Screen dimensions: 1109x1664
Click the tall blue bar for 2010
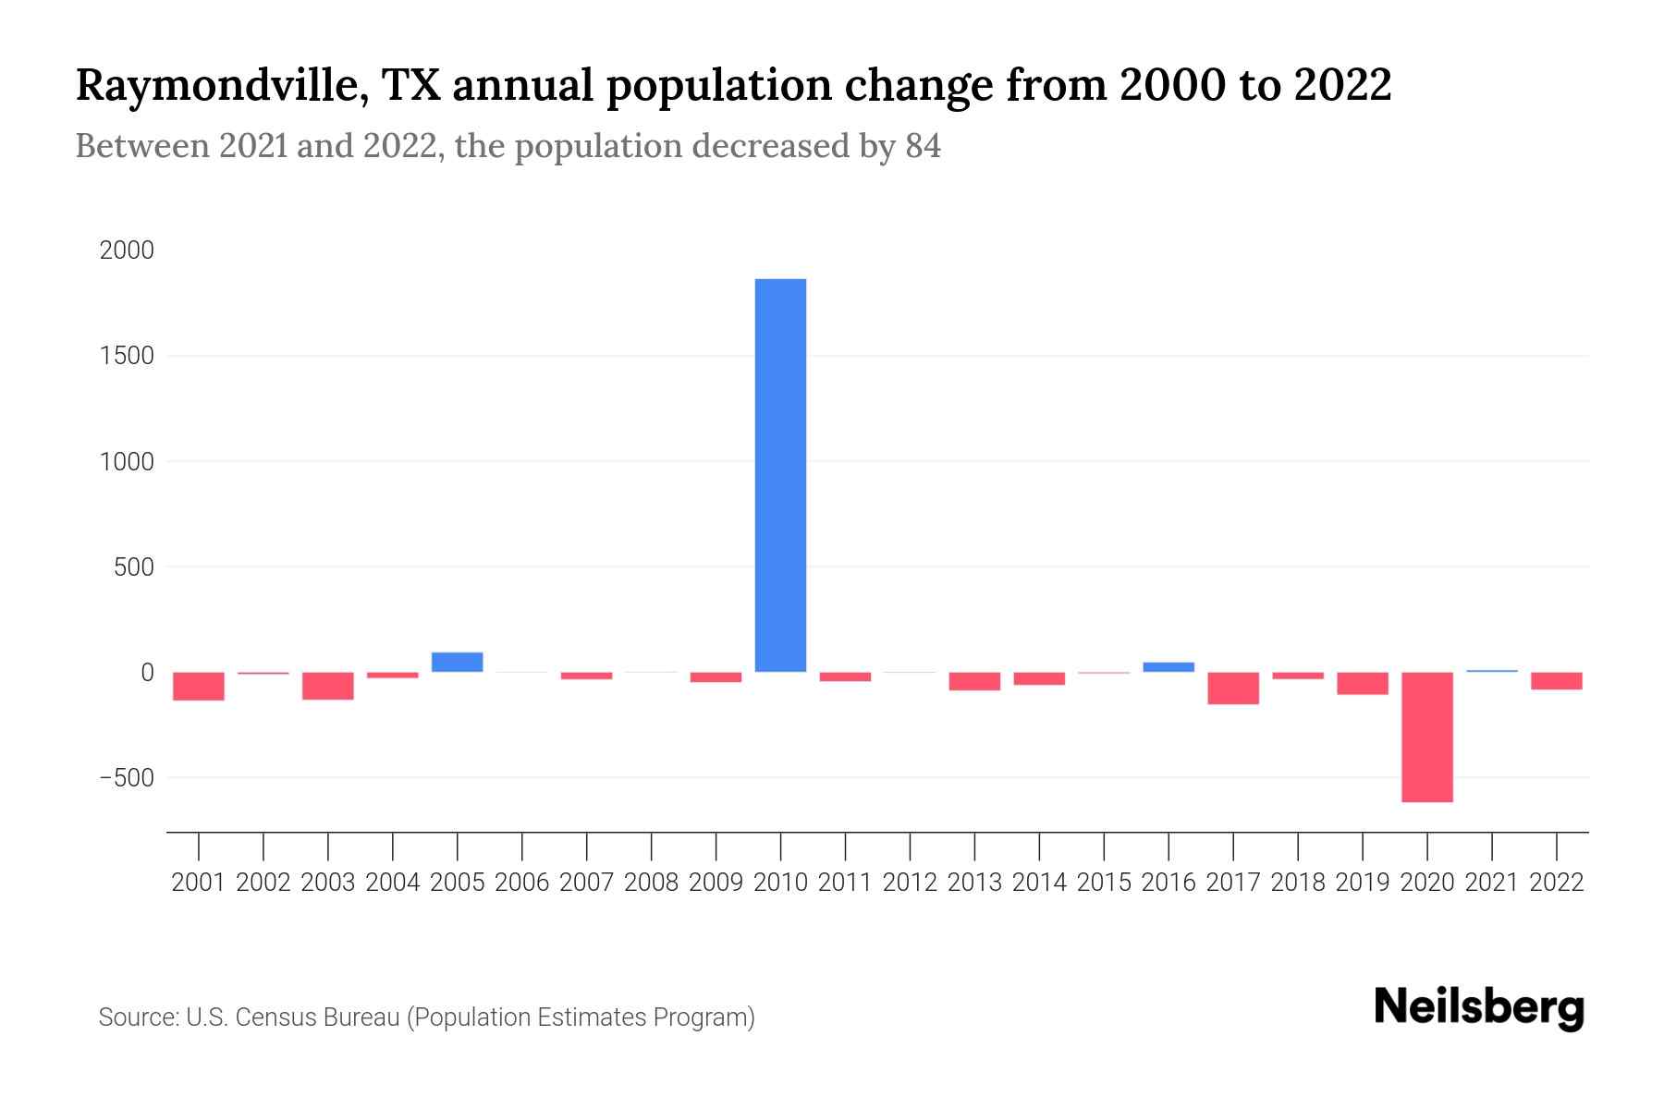(x=780, y=475)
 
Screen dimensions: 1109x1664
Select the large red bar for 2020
(x=1426, y=737)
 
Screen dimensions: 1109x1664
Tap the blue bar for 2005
(x=457, y=662)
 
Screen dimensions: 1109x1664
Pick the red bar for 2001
(x=199, y=686)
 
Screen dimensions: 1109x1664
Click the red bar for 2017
(x=1232, y=689)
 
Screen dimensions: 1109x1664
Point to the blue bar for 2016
(x=1168, y=666)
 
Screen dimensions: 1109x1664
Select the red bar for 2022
(x=1556, y=681)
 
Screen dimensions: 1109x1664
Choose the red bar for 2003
(x=328, y=686)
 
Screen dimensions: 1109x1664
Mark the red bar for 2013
(x=974, y=681)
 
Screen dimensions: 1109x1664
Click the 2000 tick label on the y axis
(x=127, y=250)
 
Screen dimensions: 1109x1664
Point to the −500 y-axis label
(x=127, y=777)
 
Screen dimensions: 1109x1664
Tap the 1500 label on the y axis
(x=127, y=356)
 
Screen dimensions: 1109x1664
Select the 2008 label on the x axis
(x=651, y=883)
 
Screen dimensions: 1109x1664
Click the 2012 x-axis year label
(x=910, y=883)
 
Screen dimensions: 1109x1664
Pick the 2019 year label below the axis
(x=1362, y=883)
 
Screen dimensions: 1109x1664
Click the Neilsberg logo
(x=1478, y=1007)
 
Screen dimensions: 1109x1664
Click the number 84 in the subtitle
(x=922, y=146)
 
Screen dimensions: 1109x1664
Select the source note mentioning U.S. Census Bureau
(x=426, y=1018)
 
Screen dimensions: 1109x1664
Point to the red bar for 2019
(x=1362, y=683)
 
